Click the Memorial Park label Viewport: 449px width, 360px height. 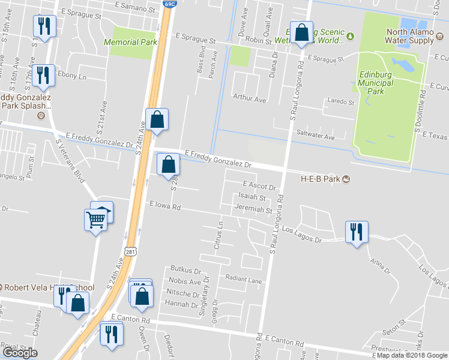point(130,43)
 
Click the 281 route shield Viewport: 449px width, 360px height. point(131,251)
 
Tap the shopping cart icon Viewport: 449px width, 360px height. point(96,220)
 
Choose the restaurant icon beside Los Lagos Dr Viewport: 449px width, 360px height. point(357,232)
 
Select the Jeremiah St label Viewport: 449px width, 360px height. point(253,211)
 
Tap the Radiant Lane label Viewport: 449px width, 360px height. point(244,278)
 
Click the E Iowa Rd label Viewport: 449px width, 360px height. point(165,206)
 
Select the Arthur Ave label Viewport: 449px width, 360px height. point(249,98)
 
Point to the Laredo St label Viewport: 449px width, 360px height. point(339,102)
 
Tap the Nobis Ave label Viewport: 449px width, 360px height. point(185,281)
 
